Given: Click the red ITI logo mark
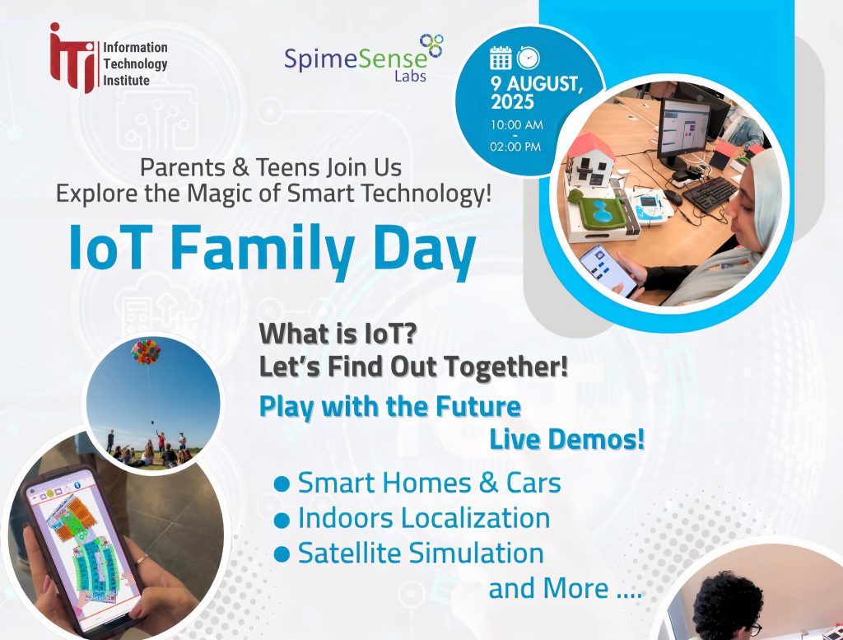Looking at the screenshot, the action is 72,58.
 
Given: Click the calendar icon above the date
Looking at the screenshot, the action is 501,58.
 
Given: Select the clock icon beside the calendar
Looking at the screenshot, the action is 528,58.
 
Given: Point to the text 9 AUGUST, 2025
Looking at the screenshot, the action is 536,92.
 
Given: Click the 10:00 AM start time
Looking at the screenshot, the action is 516,124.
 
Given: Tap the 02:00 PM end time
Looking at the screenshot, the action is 515,147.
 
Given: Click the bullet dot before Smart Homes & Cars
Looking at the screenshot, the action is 282,484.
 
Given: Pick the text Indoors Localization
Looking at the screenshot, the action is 424,518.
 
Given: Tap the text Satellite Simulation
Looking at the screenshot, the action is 421,554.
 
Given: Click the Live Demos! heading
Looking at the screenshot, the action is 566,439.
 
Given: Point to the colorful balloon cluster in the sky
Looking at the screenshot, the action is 146,351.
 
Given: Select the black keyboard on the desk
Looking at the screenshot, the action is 710,194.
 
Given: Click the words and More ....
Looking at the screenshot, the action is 548,588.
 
